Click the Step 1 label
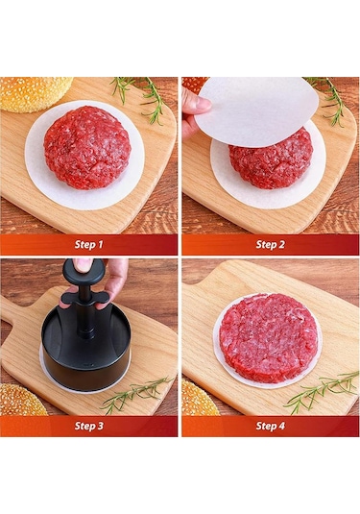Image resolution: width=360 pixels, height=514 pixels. pos(88,244)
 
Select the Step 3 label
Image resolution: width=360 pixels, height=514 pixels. pos(88,426)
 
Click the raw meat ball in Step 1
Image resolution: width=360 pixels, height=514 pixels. pos(86,146)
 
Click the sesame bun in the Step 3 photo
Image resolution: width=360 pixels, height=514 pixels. pos(21,401)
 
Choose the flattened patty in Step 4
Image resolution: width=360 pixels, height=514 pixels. pos(268,337)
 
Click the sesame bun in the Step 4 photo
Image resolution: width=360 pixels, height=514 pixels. pos(198,399)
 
